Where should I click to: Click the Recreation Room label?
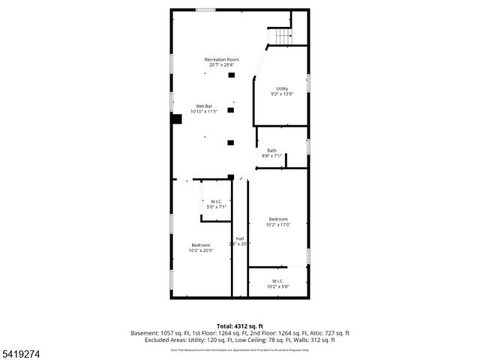[222, 59]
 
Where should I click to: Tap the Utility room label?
[281, 88]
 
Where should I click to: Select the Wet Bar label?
[204, 106]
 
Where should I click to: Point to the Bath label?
[271, 151]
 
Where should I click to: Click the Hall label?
[240, 238]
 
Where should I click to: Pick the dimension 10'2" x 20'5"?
[201, 250]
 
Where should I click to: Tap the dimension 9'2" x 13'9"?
[281, 94]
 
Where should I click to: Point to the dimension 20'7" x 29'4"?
[222, 64]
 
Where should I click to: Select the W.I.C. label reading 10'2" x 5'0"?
[277, 283]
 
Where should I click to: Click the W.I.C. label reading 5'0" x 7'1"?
[215, 203]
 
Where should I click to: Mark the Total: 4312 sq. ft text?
[240, 325]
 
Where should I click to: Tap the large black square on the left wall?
[177, 118]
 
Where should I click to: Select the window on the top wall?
[206, 10]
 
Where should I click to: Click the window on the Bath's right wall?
[308, 145]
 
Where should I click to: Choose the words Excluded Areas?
[166, 340]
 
